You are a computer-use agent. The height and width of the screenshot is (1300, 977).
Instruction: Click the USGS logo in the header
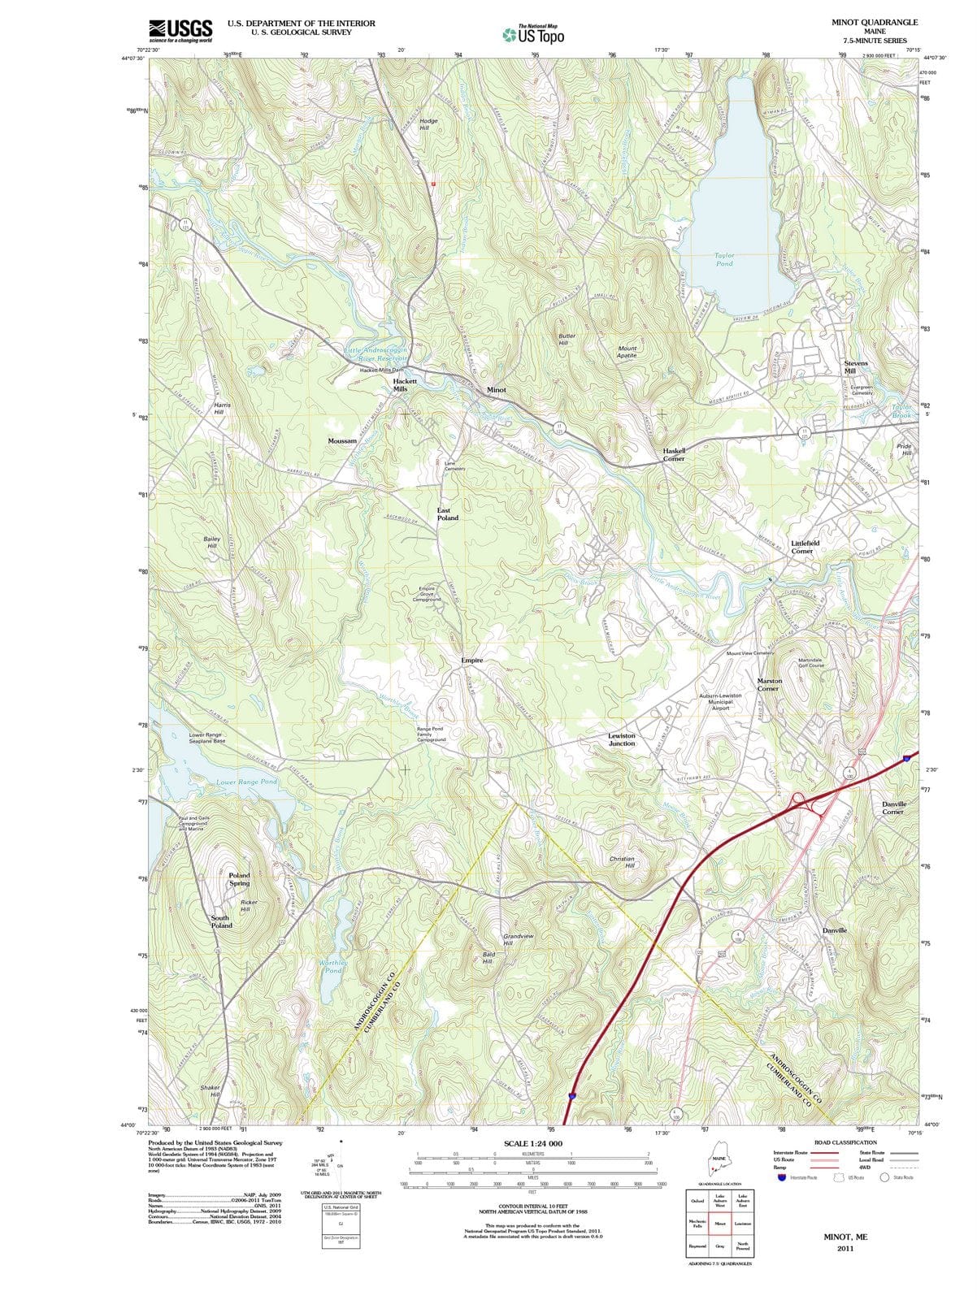pos(180,31)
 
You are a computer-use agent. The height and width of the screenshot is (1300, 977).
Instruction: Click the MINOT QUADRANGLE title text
pos(875,23)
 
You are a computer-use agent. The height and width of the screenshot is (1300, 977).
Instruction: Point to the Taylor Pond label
pos(724,259)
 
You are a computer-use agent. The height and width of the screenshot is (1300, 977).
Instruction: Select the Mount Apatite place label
pos(627,352)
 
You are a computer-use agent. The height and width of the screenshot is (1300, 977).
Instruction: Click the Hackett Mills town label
pos(405,385)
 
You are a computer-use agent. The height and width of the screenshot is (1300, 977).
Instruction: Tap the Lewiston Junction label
pos(622,739)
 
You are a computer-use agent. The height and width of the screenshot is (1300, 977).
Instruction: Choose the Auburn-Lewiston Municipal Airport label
pos(720,702)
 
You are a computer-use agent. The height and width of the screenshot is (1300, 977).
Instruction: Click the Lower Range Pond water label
pos(246,782)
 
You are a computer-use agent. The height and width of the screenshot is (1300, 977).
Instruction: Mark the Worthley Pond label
pos(333,966)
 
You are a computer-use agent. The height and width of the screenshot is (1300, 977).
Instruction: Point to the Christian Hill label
pos(622,862)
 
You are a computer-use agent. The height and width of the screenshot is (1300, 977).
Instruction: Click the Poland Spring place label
pos(239,879)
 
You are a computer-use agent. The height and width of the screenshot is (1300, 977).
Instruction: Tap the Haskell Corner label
pos(674,454)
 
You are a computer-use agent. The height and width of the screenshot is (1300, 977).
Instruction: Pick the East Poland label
pos(448,513)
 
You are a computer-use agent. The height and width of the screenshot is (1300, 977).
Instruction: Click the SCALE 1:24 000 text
pos(532,1143)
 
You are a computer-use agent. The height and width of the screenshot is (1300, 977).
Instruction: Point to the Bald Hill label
pos(488,957)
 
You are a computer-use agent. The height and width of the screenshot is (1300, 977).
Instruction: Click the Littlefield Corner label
pos(805,547)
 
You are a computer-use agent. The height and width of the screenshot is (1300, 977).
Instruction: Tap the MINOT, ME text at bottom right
pos(845,1237)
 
